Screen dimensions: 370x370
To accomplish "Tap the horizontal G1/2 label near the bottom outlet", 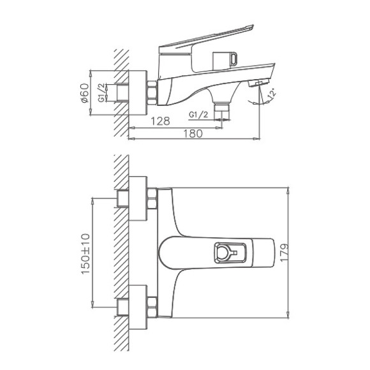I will point(200,115).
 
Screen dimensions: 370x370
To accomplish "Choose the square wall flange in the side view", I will point(137,92).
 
